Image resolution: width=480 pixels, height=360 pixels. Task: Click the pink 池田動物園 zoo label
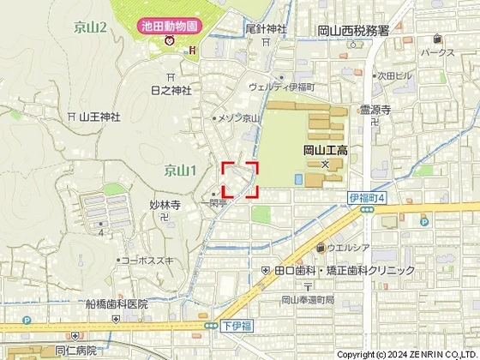(x=171, y=26)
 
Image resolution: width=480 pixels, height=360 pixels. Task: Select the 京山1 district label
(x=181, y=171)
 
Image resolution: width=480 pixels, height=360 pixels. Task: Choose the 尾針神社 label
(x=266, y=28)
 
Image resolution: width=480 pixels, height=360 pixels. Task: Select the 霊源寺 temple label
(x=375, y=110)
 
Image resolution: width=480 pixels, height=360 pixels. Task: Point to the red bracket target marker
(x=240, y=179)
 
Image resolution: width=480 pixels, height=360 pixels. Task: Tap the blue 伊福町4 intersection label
(x=369, y=198)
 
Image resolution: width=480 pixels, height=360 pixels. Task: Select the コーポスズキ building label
(x=147, y=259)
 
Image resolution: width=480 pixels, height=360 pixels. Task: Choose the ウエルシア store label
(x=348, y=249)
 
